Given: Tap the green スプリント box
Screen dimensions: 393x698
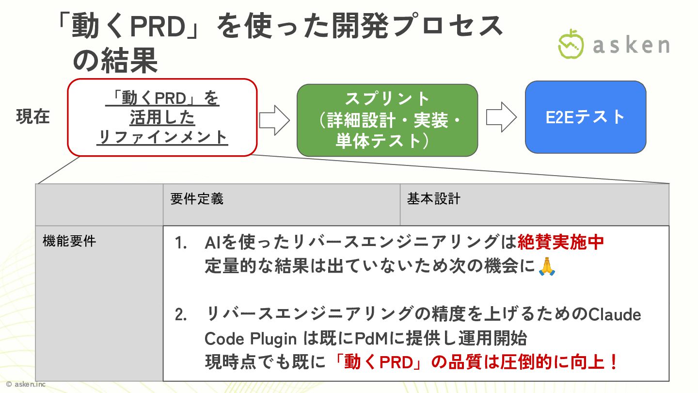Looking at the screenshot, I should [387, 120].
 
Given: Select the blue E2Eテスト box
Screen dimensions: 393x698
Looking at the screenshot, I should [585, 117].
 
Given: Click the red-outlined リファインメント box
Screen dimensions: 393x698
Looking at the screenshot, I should [162, 118].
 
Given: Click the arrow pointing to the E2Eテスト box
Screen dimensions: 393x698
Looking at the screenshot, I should [501, 117].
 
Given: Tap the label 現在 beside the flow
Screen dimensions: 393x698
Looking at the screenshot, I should [33, 117].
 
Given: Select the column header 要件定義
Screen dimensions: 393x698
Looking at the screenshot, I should [197, 199].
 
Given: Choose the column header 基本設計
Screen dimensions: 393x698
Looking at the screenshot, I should [433, 199].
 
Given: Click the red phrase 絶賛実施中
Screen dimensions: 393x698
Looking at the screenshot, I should [561, 242].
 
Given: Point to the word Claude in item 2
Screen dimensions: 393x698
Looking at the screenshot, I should [614, 315].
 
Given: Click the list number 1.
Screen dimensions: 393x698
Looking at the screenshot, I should [181, 243].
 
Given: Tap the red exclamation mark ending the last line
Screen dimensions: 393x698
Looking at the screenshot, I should [614, 362].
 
